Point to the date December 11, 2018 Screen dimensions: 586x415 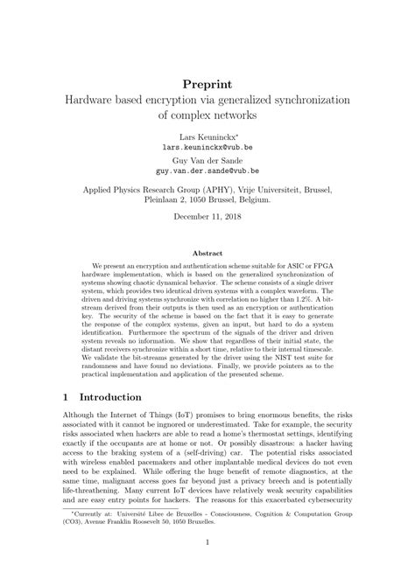pos(207,215)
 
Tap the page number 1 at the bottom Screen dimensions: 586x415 pos(207,567)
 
